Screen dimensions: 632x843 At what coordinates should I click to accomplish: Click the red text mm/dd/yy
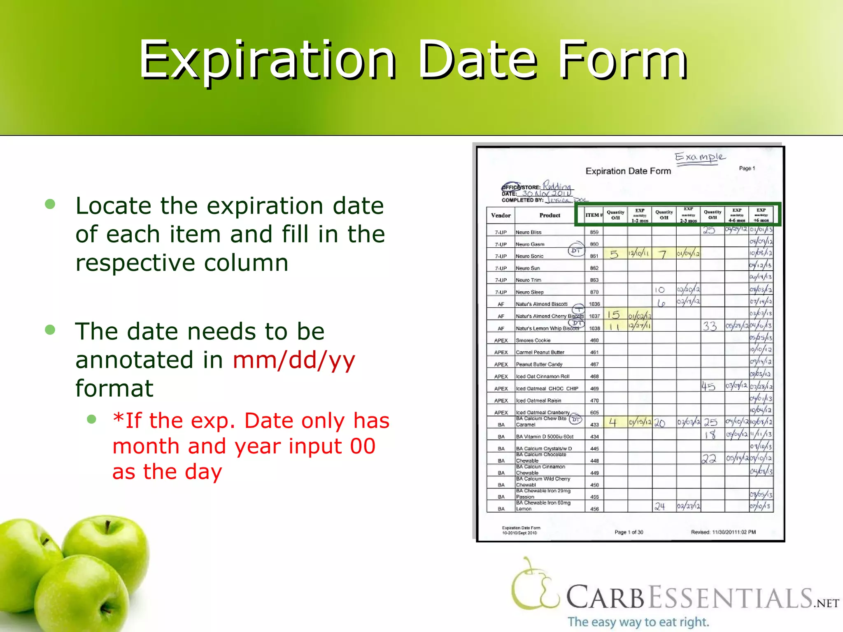click(x=293, y=360)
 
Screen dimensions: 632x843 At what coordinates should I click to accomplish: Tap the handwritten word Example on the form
click(x=700, y=157)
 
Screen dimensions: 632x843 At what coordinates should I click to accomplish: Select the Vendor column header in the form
click(x=501, y=215)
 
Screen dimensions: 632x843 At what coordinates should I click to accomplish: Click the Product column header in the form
click(x=550, y=215)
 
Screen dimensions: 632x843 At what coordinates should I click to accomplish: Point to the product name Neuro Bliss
click(x=529, y=232)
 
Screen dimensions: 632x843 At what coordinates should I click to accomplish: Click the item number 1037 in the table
click(x=594, y=316)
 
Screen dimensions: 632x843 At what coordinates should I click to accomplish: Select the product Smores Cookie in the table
click(x=533, y=340)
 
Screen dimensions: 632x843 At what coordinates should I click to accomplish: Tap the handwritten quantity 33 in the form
click(x=710, y=326)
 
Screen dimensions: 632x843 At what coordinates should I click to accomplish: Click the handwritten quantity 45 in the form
click(x=708, y=386)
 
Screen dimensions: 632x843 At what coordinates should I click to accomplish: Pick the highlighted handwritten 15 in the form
click(x=614, y=315)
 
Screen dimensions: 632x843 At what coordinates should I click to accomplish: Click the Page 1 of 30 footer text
click(x=629, y=532)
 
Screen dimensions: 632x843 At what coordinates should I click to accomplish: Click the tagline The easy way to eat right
click(x=638, y=622)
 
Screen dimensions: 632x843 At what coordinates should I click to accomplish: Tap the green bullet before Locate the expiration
click(x=50, y=204)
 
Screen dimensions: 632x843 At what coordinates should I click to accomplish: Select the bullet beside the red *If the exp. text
click(x=91, y=419)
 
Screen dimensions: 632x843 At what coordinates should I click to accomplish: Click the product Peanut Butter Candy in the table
click(x=539, y=365)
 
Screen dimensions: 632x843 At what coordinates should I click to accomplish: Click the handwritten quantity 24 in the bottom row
click(x=660, y=506)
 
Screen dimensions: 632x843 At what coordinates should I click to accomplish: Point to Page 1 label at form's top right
click(x=747, y=168)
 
